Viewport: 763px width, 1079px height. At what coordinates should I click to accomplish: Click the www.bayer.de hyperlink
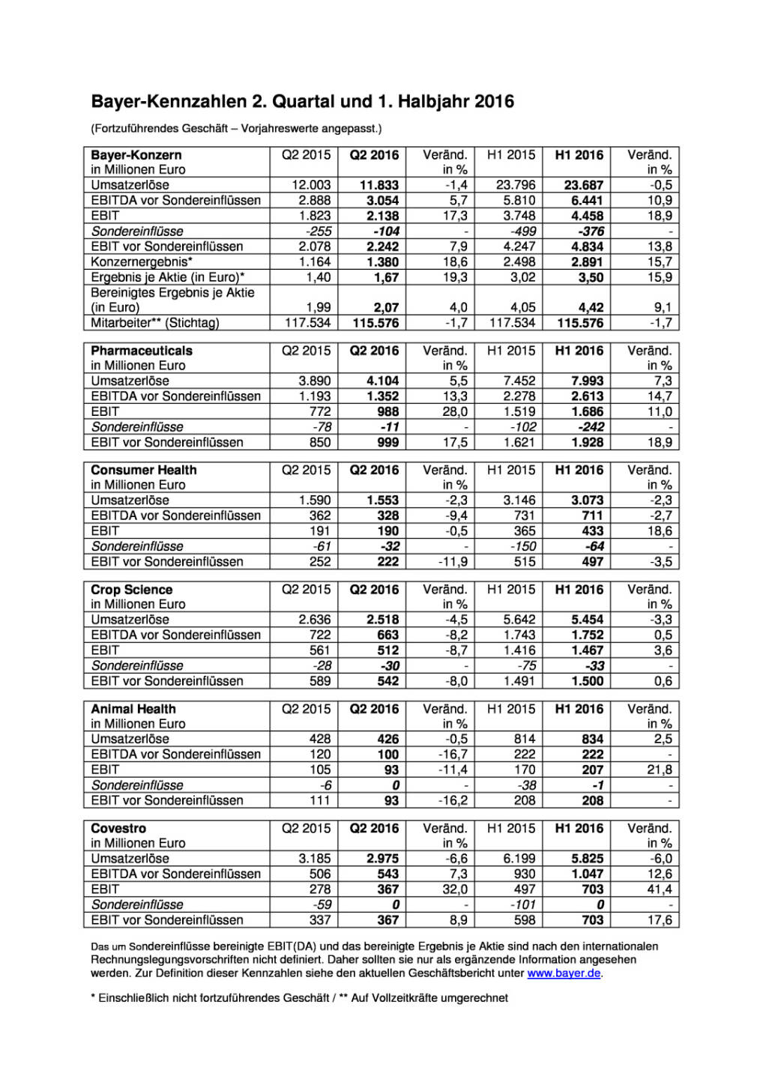tap(564, 973)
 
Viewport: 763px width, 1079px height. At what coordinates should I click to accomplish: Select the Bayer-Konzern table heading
tap(136, 155)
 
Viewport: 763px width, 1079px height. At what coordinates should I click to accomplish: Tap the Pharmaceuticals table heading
tap(142, 351)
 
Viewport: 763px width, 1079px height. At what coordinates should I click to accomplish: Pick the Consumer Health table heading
tap(144, 470)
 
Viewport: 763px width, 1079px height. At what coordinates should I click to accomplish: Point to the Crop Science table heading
tap(132, 590)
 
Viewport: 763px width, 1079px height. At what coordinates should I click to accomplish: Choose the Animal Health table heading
tap(133, 709)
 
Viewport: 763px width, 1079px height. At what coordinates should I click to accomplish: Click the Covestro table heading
tap(118, 829)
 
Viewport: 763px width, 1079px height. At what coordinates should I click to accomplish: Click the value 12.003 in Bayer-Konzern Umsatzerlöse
tap(311, 185)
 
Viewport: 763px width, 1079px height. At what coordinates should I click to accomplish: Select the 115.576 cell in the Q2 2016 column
tap(376, 323)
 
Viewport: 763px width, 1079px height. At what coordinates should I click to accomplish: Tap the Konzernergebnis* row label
tap(142, 262)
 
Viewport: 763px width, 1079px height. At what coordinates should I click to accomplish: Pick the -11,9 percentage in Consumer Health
tap(453, 561)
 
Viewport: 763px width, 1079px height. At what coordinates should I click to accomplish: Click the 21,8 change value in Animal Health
tap(660, 770)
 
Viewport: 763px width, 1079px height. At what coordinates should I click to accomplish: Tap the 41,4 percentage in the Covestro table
tap(660, 889)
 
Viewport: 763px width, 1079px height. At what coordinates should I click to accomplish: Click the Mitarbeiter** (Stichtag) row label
tap(155, 323)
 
